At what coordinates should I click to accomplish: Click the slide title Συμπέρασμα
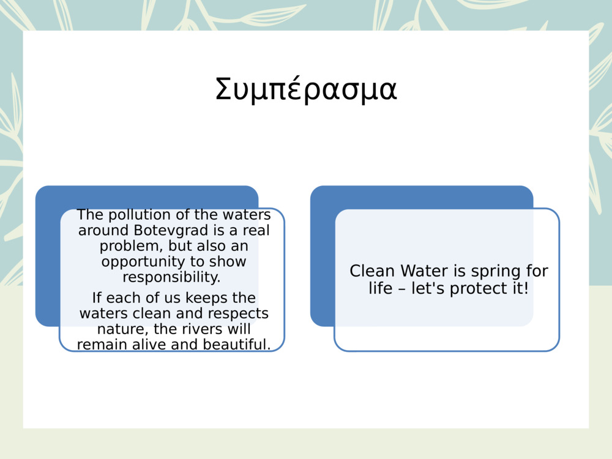pyautogui.click(x=306, y=90)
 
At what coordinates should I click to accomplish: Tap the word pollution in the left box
pyautogui.click(x=133, y=215)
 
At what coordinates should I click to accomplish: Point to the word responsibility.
pyautogui.click(x=171, y=277)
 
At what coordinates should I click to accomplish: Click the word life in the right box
pyautogui.click(x=380, y=288)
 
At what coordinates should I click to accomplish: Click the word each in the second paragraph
pyautogui.click(x=122, y=298)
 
